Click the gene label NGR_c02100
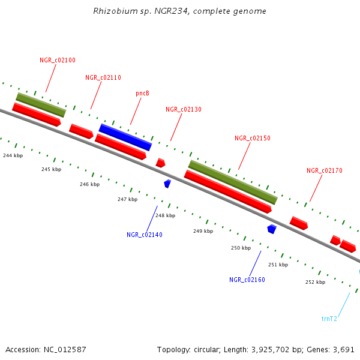coord(58,60)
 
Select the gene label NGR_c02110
coord(103,77)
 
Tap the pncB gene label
coord(142,93)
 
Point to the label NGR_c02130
coord(184,109)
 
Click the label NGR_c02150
coord(252,138)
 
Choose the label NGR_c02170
coord(324,170)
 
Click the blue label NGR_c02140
coord(144,235)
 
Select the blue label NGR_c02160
coord(247,280)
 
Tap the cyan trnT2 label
coord(329,319)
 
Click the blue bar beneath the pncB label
coord(125,137)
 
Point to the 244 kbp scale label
coord(13,155)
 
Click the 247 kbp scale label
coord(127,199)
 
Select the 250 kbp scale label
coord(241,248)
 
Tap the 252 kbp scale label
coord(315,282)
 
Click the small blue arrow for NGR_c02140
coord(167,183)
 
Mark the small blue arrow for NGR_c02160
coord(272,229)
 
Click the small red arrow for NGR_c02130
coord(160,163)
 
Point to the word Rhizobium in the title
coord(112,11)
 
